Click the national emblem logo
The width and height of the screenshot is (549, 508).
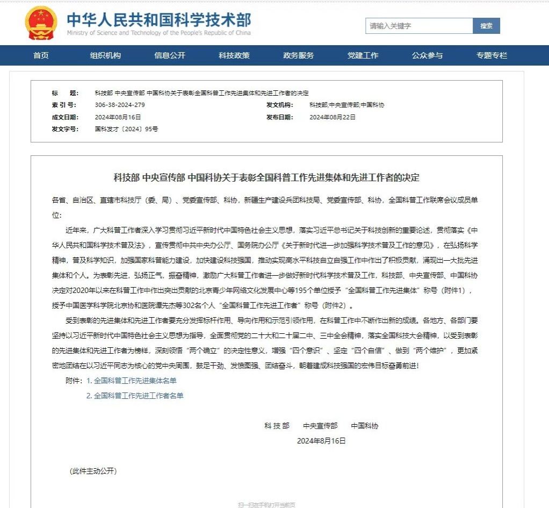coord(41,23)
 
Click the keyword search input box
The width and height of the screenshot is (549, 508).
coord(419,26)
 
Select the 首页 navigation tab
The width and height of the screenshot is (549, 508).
coord(41,55)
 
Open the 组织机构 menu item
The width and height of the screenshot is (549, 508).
coord(105,55)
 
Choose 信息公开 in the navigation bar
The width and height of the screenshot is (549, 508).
coord(170,55)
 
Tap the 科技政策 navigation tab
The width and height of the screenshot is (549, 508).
coord(234,55)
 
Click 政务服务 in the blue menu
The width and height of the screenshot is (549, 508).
coord(299,55)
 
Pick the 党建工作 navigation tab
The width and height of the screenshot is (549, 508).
coord(363,55)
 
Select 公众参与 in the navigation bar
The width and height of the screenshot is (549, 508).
coord(428,55)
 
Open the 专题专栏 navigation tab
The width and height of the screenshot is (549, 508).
coord(492,55)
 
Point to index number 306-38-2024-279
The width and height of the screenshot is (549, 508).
coord(120,105)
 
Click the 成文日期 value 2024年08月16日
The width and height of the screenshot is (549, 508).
coord(118,117)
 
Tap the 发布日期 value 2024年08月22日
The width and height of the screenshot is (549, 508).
coord(333,117)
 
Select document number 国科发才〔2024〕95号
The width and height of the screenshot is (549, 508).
coord(127,129)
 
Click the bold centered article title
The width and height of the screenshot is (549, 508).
coord(266,177)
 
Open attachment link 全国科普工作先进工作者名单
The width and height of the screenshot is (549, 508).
coord(138,396)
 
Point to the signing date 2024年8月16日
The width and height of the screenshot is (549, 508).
coord(321,441)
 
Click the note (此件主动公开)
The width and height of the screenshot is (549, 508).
coord(93,471)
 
